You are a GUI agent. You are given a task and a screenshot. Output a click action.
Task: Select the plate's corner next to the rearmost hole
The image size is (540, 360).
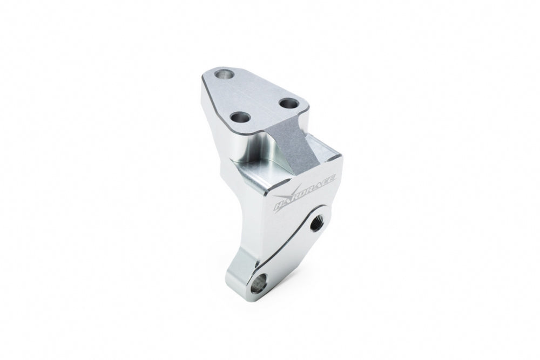(211, 73)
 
